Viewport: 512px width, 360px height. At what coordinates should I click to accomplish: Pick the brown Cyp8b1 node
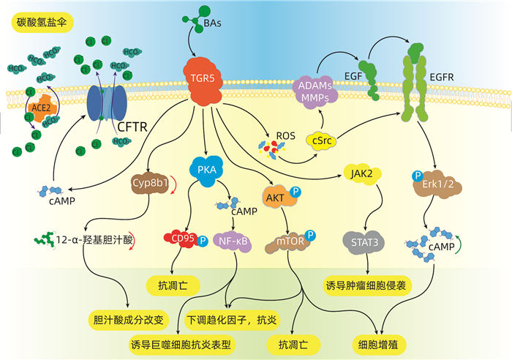(150, 184)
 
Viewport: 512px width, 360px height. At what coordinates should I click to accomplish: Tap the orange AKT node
(276, 198)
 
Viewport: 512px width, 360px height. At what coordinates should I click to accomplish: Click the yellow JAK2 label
(359, 173)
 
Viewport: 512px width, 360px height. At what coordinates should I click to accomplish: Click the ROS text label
(285, 135)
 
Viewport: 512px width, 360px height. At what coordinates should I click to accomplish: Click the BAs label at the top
(216, 24)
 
